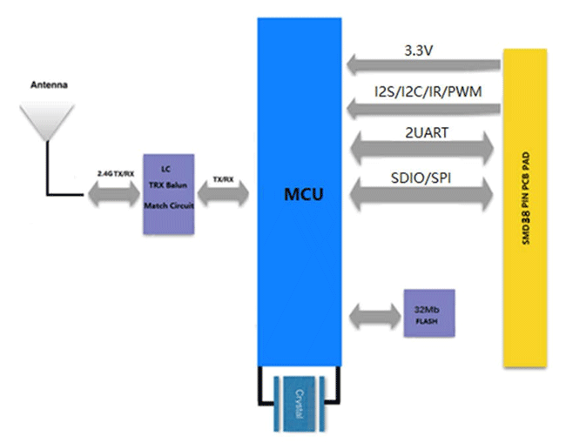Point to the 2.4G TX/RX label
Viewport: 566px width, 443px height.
(116, 174)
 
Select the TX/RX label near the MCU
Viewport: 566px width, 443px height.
(222, 178)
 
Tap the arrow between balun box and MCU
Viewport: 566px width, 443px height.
(223, 194)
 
